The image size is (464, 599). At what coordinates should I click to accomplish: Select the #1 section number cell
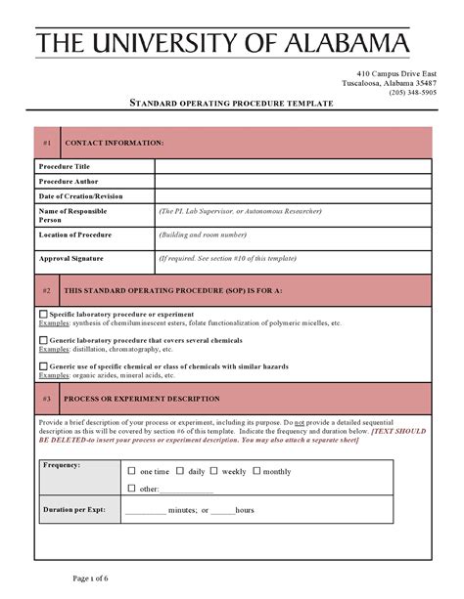[x=47, y=143]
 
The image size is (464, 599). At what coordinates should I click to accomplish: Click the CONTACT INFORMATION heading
[x=114, y=143]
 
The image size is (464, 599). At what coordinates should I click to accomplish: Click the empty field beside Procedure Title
[x=293, y=167]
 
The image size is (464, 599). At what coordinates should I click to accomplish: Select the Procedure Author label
[x=69, y=182]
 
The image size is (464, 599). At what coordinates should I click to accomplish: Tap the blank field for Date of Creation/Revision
[x=293, y=196]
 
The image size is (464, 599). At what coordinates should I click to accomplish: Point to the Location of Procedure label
[x=75, y=235]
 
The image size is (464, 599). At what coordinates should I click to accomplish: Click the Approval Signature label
[x=70, y=259]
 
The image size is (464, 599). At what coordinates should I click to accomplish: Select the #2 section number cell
[x=47, y=291]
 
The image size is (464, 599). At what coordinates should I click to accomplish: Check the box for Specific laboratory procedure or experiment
[x=43, y=315]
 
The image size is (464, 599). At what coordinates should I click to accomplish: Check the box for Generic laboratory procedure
[x=43, y=340]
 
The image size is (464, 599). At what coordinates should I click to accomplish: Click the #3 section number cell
[x=47, y=399]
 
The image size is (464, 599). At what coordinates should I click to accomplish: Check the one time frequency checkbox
[x=132, y=471]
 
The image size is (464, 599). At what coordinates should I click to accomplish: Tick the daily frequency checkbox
[x=180, y=471]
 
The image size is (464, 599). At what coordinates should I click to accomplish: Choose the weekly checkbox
[x=215, y=471]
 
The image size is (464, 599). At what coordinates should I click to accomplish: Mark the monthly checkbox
[x=256, y=471]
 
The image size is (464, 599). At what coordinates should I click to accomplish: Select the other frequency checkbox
[x=132, y=488]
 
